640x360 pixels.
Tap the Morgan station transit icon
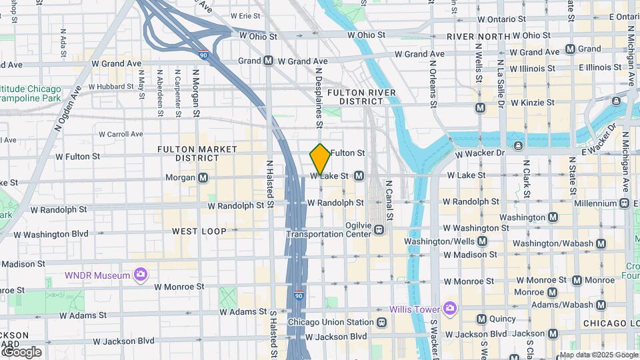[x=203, y=178]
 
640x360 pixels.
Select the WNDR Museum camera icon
[x=140, y=275]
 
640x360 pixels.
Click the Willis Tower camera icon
[x=450, y=308]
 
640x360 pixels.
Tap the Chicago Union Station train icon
[x=382, y=323]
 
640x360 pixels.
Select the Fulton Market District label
[x=188, y=153]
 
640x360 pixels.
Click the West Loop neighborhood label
[x=199, y=231]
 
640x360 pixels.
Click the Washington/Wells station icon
[x=482, y=241]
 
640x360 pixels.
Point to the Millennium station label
[x=595, y=203]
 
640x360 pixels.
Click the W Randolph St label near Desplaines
[x=335, y=203]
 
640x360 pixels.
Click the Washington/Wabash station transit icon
[x=601, y=244]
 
